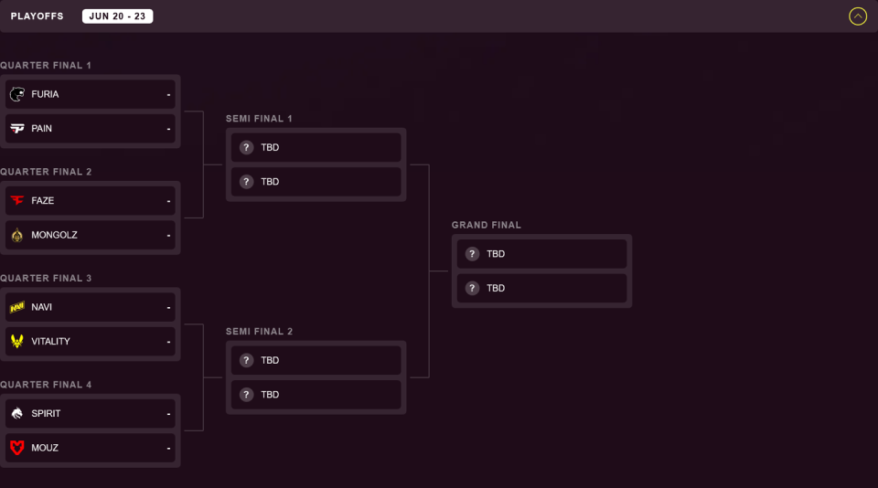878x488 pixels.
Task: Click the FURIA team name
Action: click(45, 94)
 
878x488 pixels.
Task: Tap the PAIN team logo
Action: click(17, 128)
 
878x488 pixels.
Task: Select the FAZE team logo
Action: click(17, 200)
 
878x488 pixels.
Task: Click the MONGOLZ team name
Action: click(54, 235)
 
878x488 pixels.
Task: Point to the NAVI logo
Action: click(17, 307)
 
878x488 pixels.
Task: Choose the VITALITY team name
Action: click(50, 342)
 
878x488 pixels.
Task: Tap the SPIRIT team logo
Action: click(17, 414)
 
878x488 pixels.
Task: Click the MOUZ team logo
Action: click(17, 448)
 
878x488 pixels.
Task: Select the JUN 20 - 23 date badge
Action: click(118, 16)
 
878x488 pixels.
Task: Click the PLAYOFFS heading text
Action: click(37, 16)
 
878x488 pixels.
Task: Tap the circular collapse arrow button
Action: click(858, 16)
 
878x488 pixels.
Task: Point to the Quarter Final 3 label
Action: click(46, 278)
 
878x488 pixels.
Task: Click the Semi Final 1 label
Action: click(259, 119)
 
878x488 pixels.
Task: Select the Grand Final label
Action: click(487, 225)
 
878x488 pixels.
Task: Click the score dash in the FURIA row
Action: click(168, 94)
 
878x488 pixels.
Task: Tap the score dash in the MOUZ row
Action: click(168, 449)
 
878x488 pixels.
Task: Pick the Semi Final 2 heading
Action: click(259, 332)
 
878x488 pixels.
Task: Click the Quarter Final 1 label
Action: click(46, 66)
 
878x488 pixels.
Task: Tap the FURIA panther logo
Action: click(17, 94)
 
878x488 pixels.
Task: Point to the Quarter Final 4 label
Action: click(46, 385)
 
